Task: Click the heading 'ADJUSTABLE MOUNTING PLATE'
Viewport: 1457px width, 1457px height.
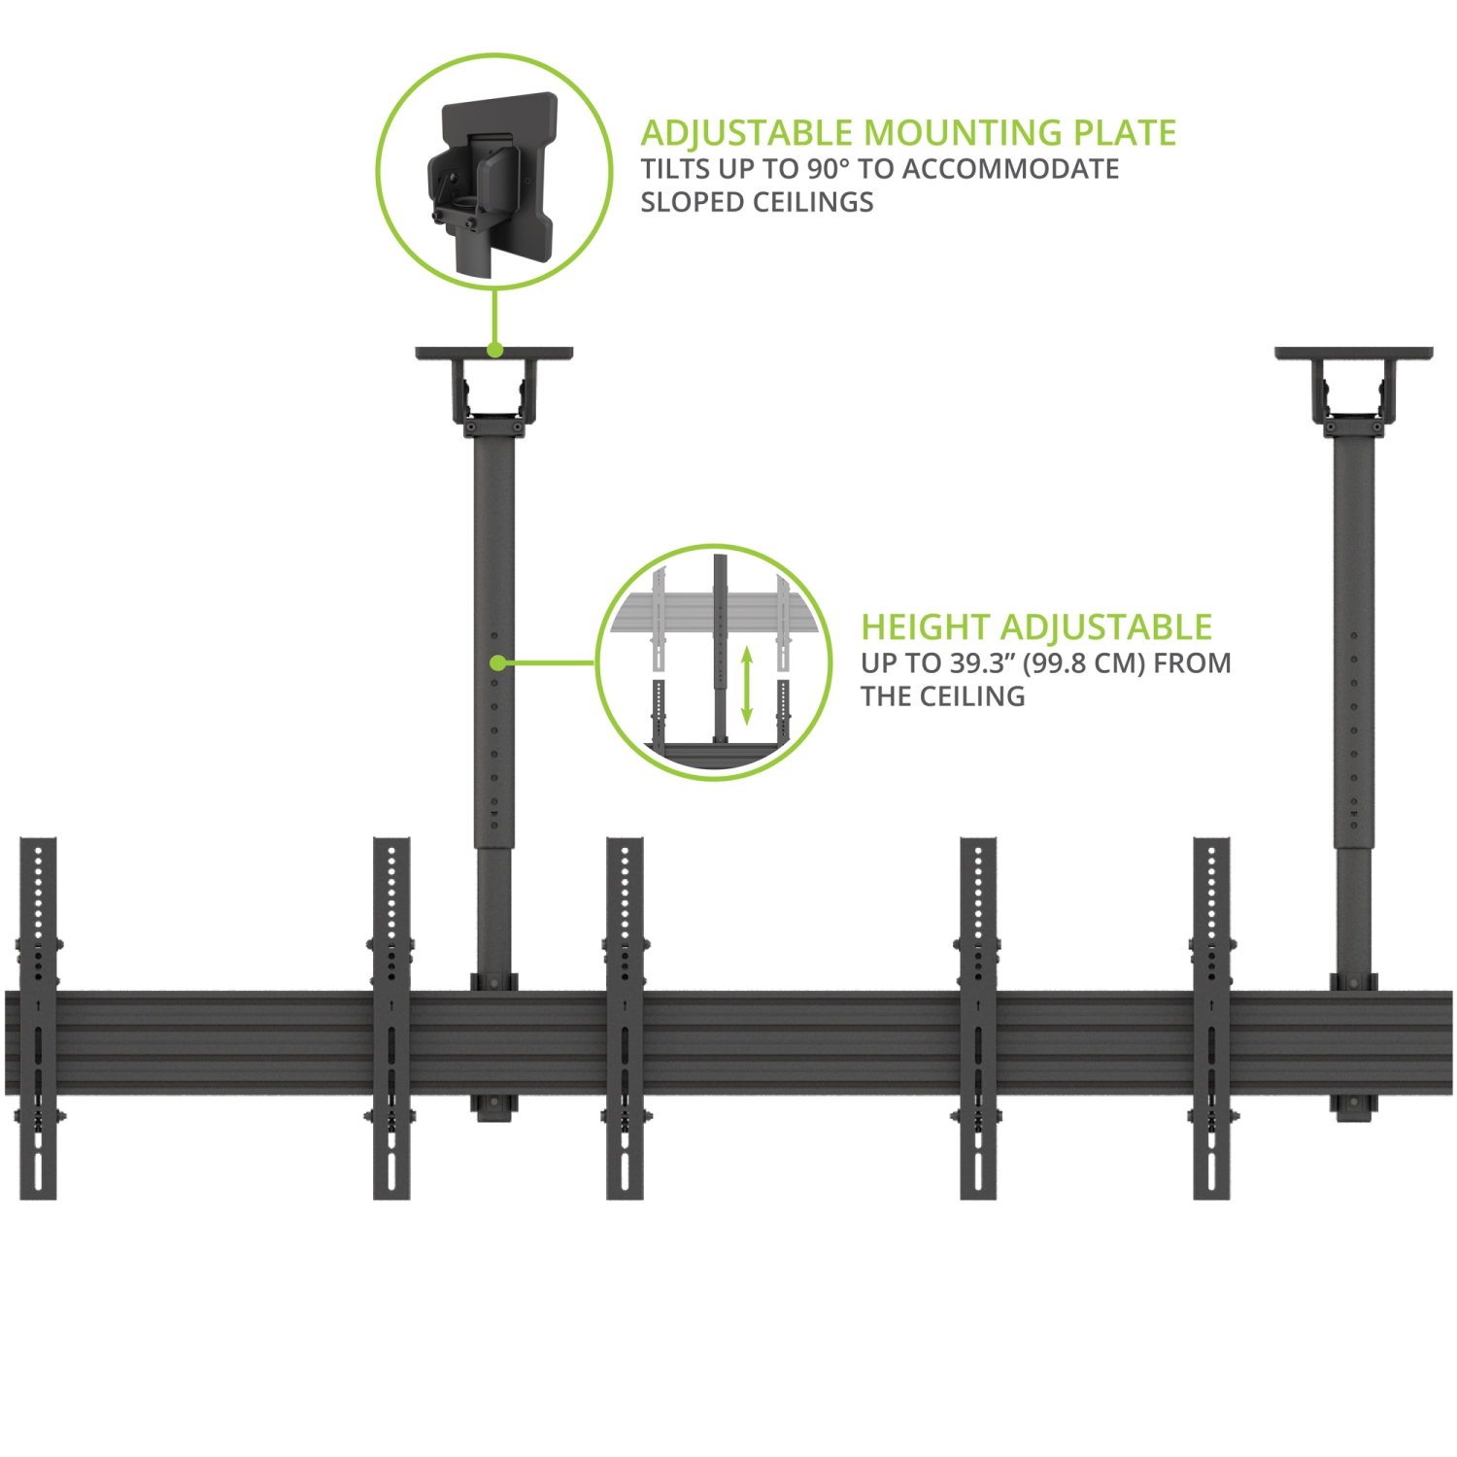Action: [x=908, y=133]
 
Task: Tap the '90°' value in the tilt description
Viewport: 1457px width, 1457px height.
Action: [x=828, y=169]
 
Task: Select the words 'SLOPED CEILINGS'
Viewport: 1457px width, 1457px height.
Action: [x=757, y=202]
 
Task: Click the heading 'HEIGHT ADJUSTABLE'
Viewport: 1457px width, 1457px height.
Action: [x=1036, y=627]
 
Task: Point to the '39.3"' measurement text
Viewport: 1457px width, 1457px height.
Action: [x=981, y=663]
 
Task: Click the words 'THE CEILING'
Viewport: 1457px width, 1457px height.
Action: [x=942, y=696]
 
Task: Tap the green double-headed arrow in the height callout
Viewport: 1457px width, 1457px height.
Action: [x=747, y=686]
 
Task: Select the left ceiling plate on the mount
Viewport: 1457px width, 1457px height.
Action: [x=494, y=354]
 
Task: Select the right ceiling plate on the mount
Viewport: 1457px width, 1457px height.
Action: [x=1353, y=354]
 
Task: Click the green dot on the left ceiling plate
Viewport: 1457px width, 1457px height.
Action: [x=494, y=350]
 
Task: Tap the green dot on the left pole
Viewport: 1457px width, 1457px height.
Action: [x=496, y=662]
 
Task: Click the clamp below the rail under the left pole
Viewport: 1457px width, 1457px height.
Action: [x=493, y=1108]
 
